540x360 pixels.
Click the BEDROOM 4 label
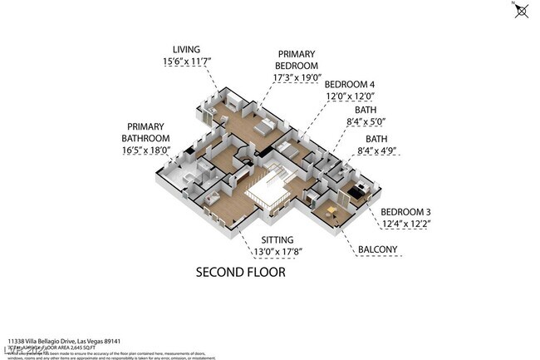(x=349, y=85)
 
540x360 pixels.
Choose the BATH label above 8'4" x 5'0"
(x=366, y=110)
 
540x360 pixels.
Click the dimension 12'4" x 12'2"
(x=407, y=224)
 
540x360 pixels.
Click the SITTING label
(x=265, y=240)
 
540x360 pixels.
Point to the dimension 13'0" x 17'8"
(x=265, y=253)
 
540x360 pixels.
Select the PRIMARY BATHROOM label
(x=146, y=132)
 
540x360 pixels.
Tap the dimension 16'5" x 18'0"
(x=146, y=150)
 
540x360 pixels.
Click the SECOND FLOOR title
(x=240, y=272)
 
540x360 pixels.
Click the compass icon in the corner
(x=522, y=10)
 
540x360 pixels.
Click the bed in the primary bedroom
(x=264, y=127)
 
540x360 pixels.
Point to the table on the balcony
(x=331, y=209)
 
